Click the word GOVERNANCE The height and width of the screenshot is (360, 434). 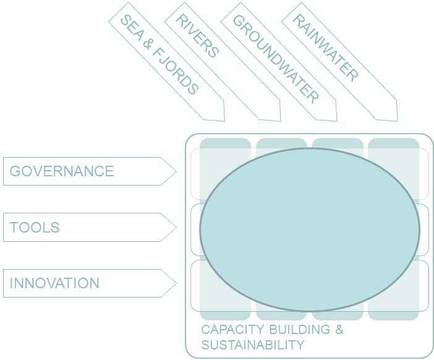pyautogui.click(x=62, y=171)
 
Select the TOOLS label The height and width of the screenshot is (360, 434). pyautogui.click(x=35, y=228)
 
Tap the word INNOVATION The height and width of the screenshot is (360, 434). pyautogui.click(x=54, y=283)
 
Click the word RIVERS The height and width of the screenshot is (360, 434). pyautogui.click(x=197, y=36)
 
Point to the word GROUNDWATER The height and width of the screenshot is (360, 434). pyautogui.click(x=276, y=58)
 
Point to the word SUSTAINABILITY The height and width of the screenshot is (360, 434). pyautogui.click(x=252, y=345)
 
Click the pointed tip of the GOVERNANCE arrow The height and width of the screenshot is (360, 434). pyautogui.click(x=176, y=171)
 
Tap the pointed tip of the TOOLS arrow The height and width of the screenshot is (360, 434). pyautogui.click(x=176, y=228)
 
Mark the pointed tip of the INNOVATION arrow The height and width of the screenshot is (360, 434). pyautogui.click(x=176, y=283)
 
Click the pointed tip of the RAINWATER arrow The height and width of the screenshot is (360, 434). pyautogui.click(x=397, y=121)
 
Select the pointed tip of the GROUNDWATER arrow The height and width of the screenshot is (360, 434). pyautogui.click(x=336, y=121)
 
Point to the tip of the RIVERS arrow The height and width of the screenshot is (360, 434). pyautogui.click(x=281, y=121)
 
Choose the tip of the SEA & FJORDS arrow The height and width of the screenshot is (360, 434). pyautogui.click(x=224, y=121)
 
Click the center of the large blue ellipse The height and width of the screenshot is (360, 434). pyautogui.click(x=310, y=229)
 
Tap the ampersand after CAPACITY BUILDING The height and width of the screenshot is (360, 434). pyautogui.click(x=339, y=330)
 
